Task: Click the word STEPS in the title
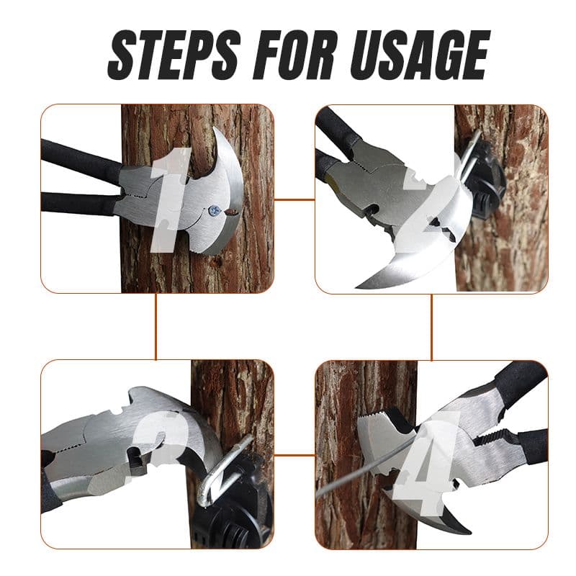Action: pyautogui.click(x=174, y=55)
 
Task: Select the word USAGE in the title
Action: pyautogui.click(x=420, y=55)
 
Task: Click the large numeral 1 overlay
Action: pyautogui.click(x=171, y=200)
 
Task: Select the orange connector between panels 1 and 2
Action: pyautogui.click(x=294, y=200)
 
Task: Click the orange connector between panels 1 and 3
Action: pyautogui.click(x=156, y=327)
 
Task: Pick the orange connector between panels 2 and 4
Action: pyautogui.click(x=431, y=327)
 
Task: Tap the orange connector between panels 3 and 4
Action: pyautogui.click(x=294, y=455)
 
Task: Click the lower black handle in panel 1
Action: pyautogui.click(x=78, y=203)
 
